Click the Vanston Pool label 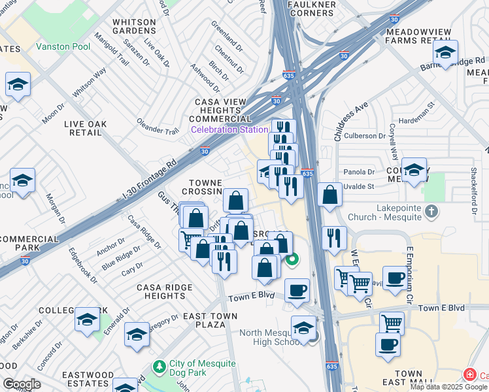[x=64, y=46]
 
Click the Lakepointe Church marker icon [x=430, y=211]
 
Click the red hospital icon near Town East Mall [x=468, y=375]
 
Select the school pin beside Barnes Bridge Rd [x=445, y=53]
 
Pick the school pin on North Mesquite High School [x=303, y=327]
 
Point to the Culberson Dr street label [x=365, y=136]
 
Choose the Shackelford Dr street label [x=471, y=189]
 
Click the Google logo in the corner [x=21, y=384]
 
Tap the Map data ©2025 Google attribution [x=448, y=387]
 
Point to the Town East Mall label [x=409, y=379]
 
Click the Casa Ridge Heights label [x=164, y=291]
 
